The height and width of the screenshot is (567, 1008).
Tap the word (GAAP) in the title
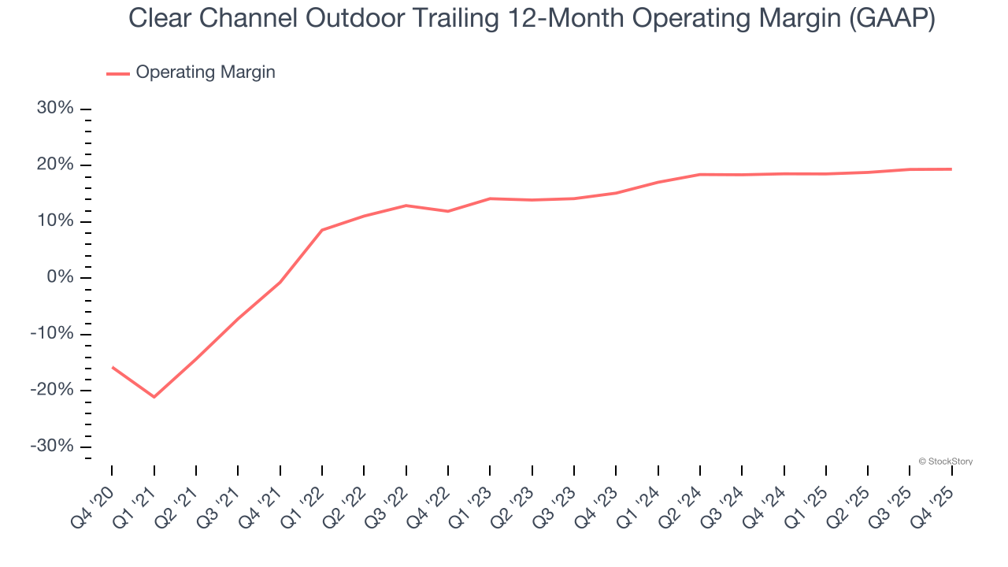tap(891, 18)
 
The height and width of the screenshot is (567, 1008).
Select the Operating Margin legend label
tap(206, 72)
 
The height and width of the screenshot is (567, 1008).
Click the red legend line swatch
tap(118, 73)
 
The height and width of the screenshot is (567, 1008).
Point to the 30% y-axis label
tap(55, 109)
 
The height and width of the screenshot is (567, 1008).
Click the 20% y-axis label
tap(55, 165)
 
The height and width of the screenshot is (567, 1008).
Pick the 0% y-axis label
tap(60, 278)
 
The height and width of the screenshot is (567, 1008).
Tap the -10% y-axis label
tap(52, 334)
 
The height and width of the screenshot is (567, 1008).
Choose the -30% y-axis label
tap(52, 447)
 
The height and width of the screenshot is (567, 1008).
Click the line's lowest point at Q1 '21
tap(154, 397)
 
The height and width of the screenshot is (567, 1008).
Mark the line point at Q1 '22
tap(322, 230)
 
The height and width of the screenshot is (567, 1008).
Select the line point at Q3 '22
tap(406, 206)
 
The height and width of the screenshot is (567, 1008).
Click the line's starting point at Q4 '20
tap(112, 367)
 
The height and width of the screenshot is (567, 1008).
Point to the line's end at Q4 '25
tap(952, 169)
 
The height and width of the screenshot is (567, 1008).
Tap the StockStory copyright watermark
tap(946, 461)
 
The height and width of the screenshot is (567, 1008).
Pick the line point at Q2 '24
tap(700, 174)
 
